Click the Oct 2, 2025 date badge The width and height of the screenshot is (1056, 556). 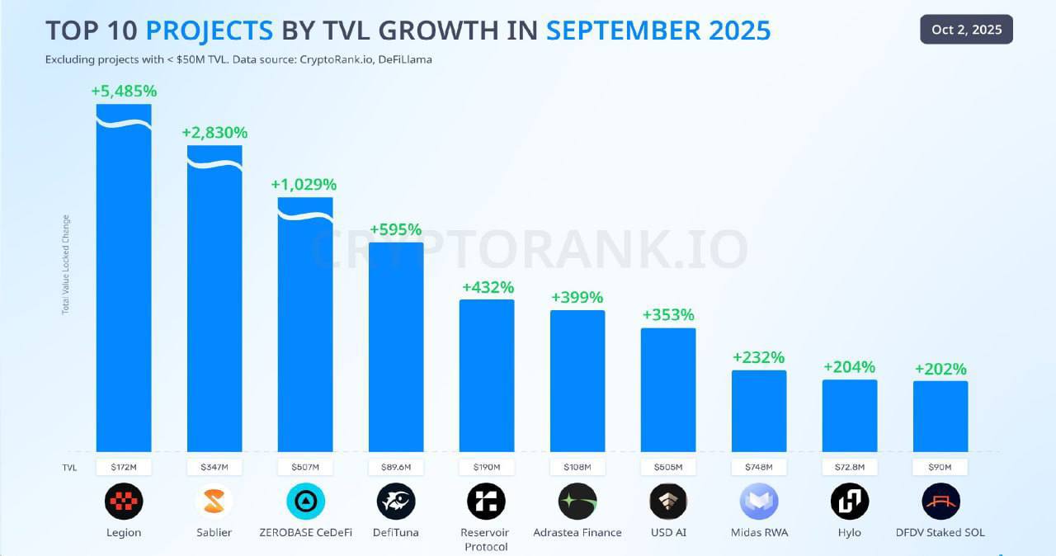(x=966, y=30)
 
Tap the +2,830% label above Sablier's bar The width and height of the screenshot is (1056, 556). (x=214, y=133)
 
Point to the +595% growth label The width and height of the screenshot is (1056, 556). (x=395, y=229)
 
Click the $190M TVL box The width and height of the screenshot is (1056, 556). (x=487, y=467)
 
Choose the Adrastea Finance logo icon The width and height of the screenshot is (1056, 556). (x=577, y=502)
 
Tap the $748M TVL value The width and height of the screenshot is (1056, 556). (x=759, y=467)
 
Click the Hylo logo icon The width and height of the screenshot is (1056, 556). (x=850, y=502)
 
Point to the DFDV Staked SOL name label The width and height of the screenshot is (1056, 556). (x=940, y=532)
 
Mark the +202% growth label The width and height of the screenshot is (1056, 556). (x=940, y=369)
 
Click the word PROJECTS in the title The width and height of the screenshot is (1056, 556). (x=209, y=31)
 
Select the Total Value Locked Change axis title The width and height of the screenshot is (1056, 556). (x=66, y=264)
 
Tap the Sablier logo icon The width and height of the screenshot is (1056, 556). (x=214, y=502)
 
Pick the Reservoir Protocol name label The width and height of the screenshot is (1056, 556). (x=487, y=540)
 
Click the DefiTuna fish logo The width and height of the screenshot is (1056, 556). (x=396, y=502)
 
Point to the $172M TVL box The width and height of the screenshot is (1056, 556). (x=124, y=467)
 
